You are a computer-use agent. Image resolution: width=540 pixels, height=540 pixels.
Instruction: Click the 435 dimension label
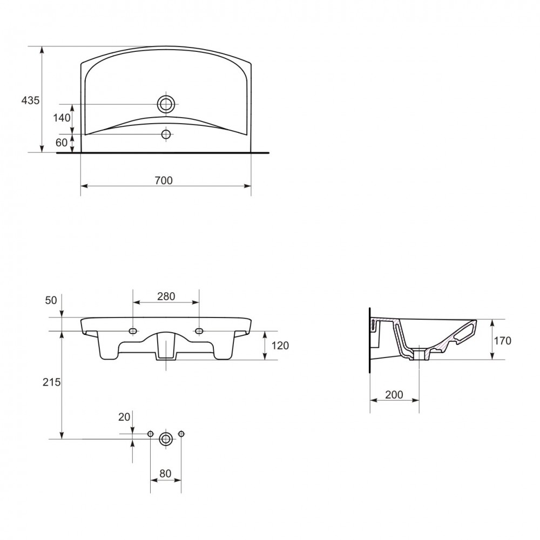tap(31, 100)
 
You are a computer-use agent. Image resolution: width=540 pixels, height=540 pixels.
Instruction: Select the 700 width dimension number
tap(164, 180)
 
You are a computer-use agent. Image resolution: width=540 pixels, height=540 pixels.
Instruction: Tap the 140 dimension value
tap(62, 118)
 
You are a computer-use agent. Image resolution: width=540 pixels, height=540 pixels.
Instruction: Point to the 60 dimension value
tap(62, 142)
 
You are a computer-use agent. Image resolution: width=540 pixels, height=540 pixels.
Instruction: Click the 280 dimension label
tap(166, 296)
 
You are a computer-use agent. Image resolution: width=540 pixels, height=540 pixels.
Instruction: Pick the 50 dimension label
tap(51, 300)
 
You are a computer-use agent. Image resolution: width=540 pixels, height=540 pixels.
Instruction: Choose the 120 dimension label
tap(280, 346)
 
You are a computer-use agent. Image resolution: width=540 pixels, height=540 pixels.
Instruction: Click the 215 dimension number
tap(52, 382)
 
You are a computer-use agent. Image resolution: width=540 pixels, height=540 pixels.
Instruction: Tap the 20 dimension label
tap(124, 417)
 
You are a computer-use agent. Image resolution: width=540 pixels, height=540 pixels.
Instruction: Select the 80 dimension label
tap(165, 474)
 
